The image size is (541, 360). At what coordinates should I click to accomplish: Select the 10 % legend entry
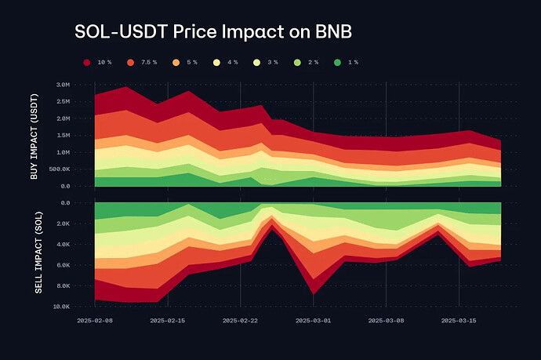coord(98,61)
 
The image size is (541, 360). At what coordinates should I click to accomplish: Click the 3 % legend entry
coord(268,61)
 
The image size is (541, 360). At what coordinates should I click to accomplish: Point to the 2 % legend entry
coord(309,61)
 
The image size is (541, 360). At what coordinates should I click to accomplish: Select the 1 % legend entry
coord(350,61)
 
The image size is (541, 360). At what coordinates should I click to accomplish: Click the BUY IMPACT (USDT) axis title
coord(34,135)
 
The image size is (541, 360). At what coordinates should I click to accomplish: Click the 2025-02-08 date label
coord(94,321)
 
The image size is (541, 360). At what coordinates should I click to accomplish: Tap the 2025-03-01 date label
coord(313,321)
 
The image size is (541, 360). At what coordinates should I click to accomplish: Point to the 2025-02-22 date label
coord(240,321)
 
